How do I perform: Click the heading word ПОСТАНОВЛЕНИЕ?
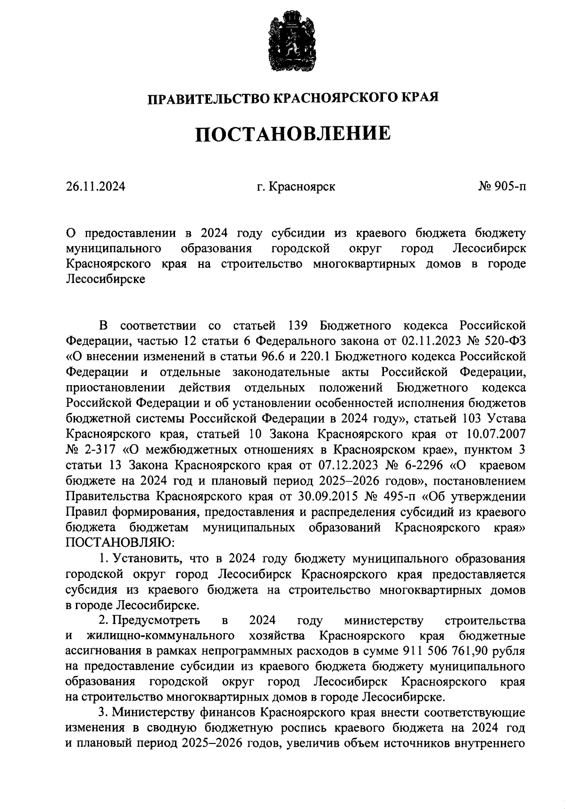pos(293,133)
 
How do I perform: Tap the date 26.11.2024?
pos(96,187)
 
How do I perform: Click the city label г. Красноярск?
pos(296,187)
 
